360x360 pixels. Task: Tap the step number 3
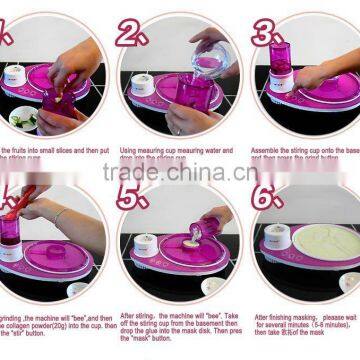[266, 33]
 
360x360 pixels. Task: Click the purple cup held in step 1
[55, 101]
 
